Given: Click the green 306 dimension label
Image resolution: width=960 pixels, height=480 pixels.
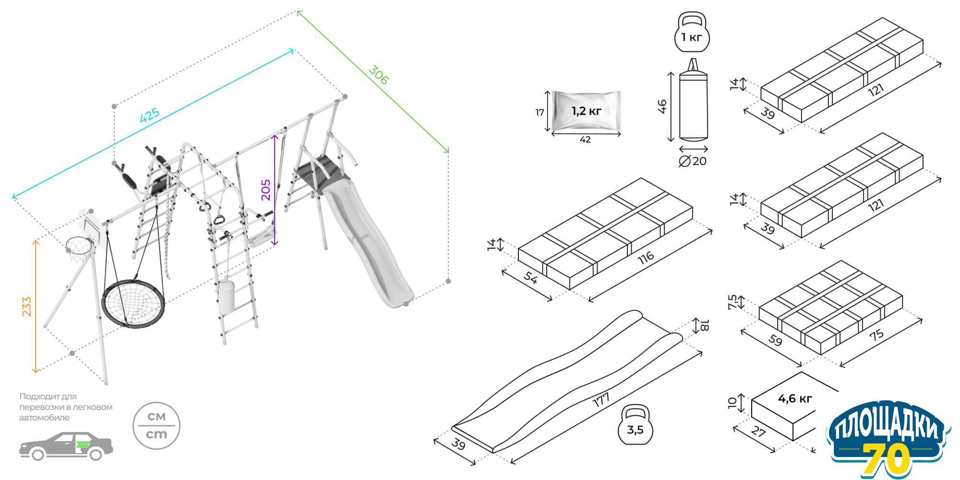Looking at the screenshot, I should [x=378, y=75].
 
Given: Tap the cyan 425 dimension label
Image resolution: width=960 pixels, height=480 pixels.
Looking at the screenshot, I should [x=149, y=116].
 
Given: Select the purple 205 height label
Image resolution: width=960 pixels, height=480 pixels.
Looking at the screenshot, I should [x=265, y=190].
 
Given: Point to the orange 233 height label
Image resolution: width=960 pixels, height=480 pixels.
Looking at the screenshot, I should [x=26, y=306].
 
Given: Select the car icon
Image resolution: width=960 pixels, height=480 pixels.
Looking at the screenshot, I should [x=66, y=446].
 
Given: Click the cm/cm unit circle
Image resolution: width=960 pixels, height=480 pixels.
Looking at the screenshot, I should [x=156, y=425].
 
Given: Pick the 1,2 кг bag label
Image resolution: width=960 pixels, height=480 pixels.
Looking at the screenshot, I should [x=586, y=111].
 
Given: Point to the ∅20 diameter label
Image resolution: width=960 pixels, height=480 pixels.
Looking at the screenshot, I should [x=693, y=161].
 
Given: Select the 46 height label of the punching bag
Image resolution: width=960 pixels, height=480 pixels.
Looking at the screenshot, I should [x=662, y=106].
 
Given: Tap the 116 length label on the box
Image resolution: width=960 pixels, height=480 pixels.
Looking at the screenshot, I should [x=646, y=258].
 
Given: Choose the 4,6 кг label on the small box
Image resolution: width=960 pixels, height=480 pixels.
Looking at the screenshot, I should [x=795, y=398].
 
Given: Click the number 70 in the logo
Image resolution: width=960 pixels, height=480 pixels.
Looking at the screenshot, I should [x=886, y=458].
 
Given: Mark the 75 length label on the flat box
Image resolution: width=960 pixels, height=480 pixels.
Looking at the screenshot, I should [x=876, y=335].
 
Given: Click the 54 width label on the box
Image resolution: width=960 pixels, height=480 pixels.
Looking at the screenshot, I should [x=530, y=278].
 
